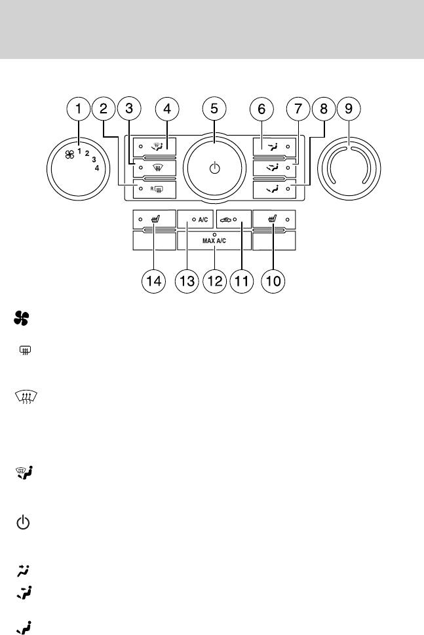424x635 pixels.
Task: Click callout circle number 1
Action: pos(79,109)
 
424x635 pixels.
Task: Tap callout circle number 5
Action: pos(214,109)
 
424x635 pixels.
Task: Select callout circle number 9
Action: pos(349,109)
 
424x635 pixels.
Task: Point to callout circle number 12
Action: pos(214,281)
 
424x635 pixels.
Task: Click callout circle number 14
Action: pos(153,281)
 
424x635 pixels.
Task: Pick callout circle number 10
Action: pos(275,281)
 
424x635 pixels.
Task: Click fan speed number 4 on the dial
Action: pos(97,168)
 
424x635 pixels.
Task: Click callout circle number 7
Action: pos(299,109)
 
